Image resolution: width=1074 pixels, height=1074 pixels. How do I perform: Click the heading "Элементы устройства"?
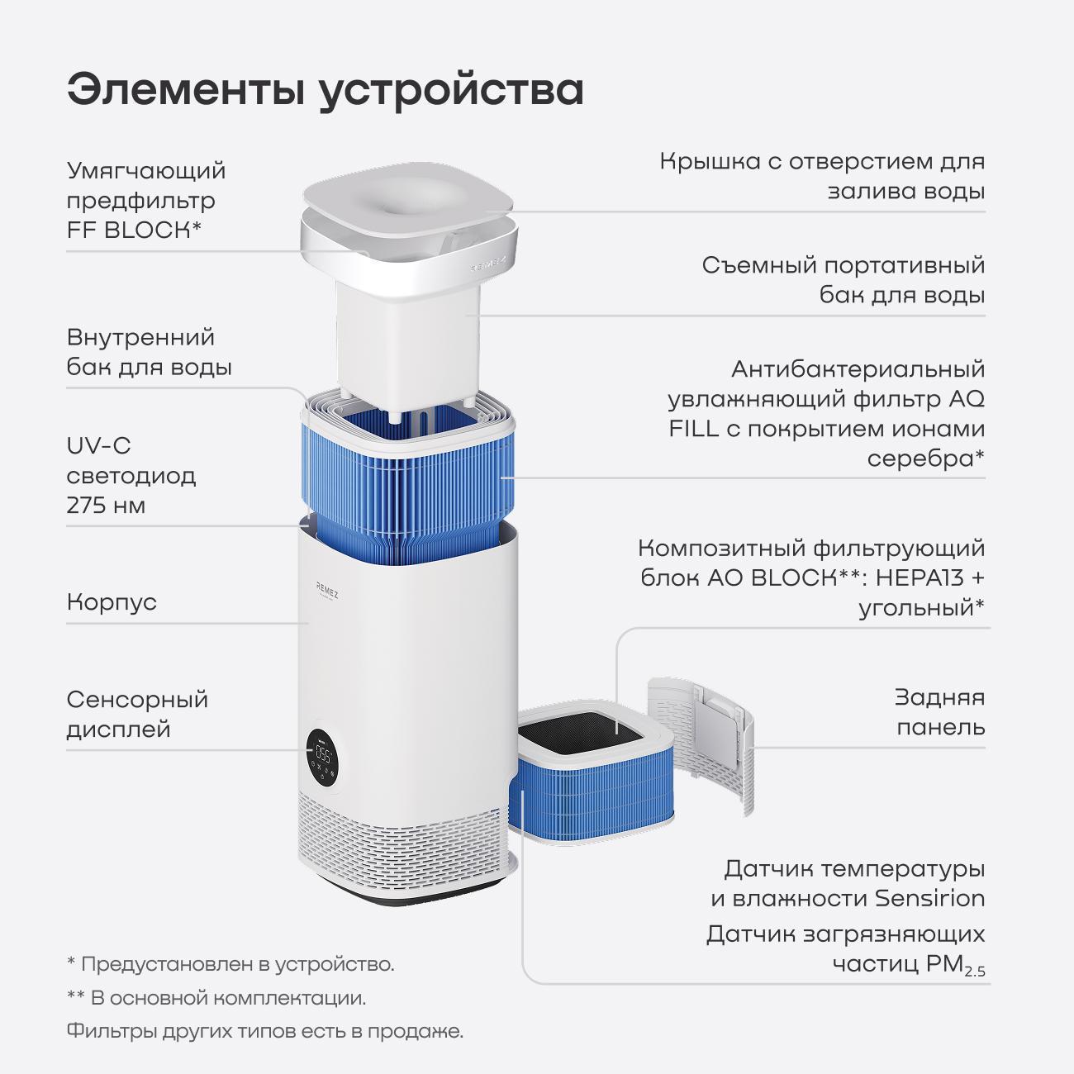pyautogui.click(x=326, y=90)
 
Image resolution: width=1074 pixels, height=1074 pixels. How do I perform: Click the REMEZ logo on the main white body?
pyautogui.click(x=327, y=588)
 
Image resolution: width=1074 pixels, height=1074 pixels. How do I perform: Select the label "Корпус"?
pyautogui.click(x=112, y=602)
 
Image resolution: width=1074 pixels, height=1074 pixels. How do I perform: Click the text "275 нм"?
pyautogui.click(x=106, y=506)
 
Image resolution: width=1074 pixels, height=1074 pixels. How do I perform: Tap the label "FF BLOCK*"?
pyautogui.click(x=134, y=230)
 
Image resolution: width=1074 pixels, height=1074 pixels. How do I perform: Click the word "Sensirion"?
pyautogui.click(x=929, y=898)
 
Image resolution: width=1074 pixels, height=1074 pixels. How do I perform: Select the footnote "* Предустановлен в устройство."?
pyautogui.click(x=230, y=963)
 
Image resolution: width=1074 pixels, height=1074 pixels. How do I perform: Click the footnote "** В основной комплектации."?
pyautogui.click(x=216, y=997)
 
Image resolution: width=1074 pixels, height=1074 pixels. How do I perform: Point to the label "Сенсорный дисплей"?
pyautogui.click(x=137, y=715)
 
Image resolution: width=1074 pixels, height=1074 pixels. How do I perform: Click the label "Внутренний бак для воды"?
pyautogui.click(x=149, y=352)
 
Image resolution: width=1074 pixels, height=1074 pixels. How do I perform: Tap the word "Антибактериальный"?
pyautogui.click(x=858, y=369)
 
